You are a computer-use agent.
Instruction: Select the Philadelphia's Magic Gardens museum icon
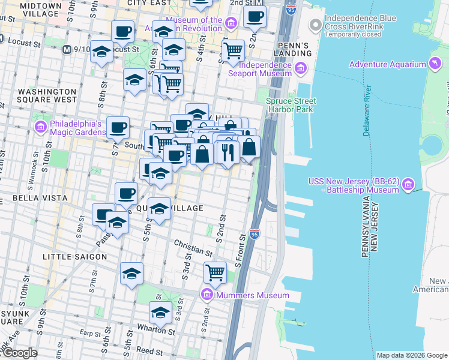pos(41,127)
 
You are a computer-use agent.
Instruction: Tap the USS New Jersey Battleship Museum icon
pos(408,184)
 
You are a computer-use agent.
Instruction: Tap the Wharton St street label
pos(159,331)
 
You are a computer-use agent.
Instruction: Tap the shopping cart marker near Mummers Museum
pos(215,272)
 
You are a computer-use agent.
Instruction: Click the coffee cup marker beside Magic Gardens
pos(118,127)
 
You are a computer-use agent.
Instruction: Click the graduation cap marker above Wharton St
pos(160,313)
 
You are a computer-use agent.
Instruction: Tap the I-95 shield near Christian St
pos(255,233)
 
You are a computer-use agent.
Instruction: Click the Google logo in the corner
pos(19,353)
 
